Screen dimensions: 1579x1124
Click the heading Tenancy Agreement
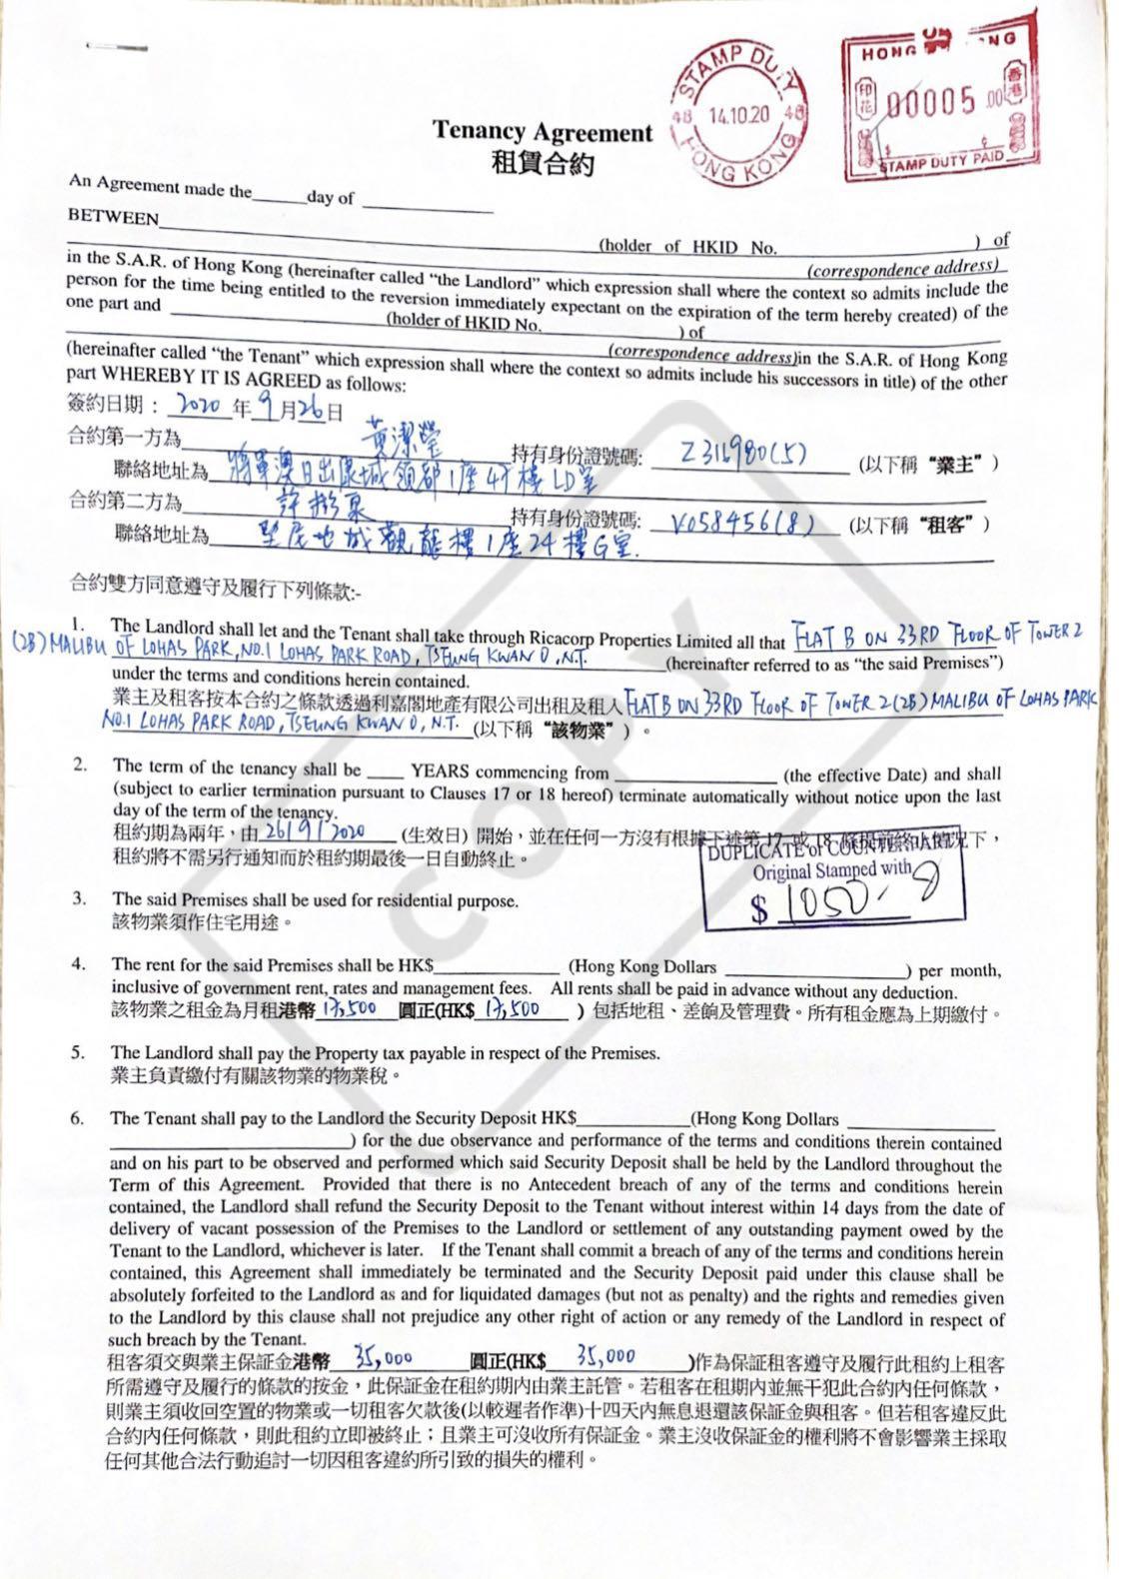tap(542, 131)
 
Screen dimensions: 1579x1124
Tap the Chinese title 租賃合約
tap(542, 163)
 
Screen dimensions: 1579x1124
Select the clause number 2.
tap(79, 767)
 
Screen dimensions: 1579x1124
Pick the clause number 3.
tap(79, 898)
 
